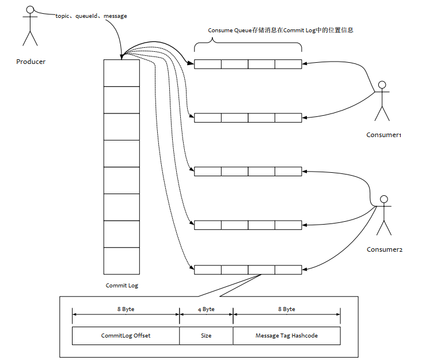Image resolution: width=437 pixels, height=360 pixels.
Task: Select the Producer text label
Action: click(x=31, y=62)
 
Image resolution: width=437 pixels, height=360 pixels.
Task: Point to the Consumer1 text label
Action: click(x=383, y=135)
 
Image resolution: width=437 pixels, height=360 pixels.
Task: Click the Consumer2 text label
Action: click(x=385, y=249)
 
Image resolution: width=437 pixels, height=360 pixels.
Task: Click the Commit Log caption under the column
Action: click(x=121, y=285)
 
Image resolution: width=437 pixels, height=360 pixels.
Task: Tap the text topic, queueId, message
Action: click(x=91, y=16)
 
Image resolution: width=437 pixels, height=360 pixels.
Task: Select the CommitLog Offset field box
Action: click(x=126, y=335)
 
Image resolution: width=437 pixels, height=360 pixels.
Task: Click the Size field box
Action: click(x=206, y=335)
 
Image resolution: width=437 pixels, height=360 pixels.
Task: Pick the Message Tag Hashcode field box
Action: click(x=287, y=335)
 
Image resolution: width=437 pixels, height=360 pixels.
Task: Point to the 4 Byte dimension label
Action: click(x=206, y=309)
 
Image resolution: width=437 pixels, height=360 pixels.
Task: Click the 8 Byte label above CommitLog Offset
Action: click(x=126, y=309)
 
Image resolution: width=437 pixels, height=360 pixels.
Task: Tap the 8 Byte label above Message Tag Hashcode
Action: click(x=287, y=309)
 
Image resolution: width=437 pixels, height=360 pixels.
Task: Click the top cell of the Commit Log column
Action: click(x=121, y=73)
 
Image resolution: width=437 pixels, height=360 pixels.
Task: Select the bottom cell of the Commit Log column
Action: click(x=121, y=261)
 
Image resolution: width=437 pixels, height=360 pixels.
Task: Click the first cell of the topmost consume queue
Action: click(x=207, y=65)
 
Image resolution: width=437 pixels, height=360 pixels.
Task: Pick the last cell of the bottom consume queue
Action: click(x=288, y=270)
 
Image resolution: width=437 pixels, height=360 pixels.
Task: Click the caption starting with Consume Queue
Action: click(x=280, y=30)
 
